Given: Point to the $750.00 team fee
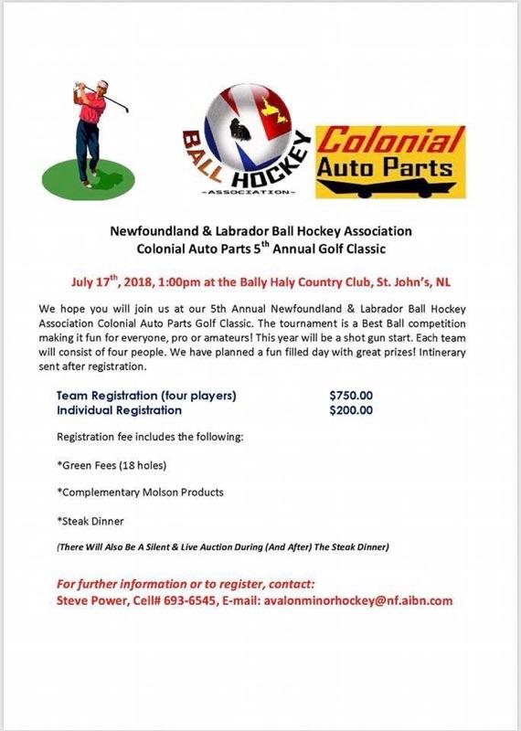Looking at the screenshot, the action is point(351,396).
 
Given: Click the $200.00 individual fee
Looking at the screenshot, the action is point(351,410).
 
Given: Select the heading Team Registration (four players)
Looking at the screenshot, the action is point(146,396).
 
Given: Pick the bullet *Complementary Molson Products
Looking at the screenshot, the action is point(140,492).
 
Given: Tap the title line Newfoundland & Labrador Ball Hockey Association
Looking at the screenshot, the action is point(260,230).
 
